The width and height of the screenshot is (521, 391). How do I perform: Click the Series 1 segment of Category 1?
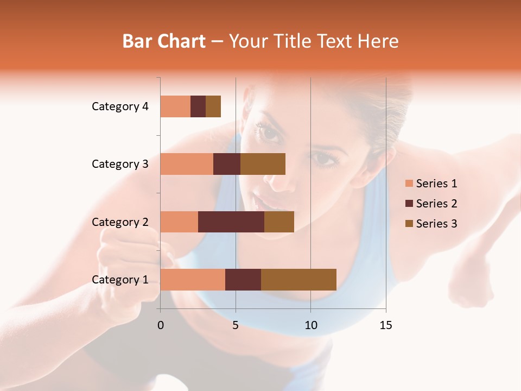point(193,279)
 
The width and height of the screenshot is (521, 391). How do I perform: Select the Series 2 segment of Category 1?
point(243,279)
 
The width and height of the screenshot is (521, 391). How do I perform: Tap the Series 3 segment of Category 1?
point(298,279)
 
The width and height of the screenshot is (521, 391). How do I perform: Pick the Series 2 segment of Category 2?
point(231,222)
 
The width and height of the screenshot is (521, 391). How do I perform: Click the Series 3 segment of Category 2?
point(279,222)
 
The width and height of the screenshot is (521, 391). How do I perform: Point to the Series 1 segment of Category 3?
point(187,164)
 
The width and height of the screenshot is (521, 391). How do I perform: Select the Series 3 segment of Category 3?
point(263,164)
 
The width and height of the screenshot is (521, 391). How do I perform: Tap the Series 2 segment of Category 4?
point(198,106)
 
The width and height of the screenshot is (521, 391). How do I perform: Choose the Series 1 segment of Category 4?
point(175,106)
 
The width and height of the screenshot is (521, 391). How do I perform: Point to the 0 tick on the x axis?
point(161,325)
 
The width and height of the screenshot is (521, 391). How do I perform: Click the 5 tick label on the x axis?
point(236,325)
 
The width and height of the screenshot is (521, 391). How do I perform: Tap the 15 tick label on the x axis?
point(385,325)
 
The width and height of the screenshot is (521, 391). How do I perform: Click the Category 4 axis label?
point(120,106)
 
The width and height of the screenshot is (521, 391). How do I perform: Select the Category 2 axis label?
point(120,222)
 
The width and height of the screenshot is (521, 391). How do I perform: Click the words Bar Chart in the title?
point(164,41)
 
